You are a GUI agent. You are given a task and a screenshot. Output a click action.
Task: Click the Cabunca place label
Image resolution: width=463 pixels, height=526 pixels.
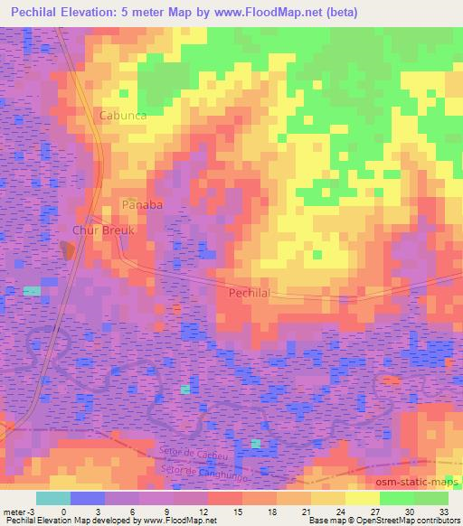pyautogui.click(x=123, y=117)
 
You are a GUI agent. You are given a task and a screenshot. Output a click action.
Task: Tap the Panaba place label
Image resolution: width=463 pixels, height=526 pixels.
pyautogui.click(x=142, y=205)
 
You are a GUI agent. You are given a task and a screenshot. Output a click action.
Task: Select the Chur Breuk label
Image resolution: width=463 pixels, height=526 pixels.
pyautogui.click(x=103, y=230)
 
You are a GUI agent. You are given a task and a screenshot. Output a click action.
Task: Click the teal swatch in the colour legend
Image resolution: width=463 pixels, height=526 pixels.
pyautogui.click(x=53, y=498)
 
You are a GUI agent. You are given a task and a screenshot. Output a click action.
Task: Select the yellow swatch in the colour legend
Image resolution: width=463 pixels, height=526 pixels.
pyautogui.click(x=362, y=498)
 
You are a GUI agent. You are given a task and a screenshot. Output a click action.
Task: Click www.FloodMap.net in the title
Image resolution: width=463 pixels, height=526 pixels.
pyautogui.click(x=275, y=12)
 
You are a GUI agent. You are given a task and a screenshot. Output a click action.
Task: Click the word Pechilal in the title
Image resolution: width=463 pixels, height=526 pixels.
pyautogui.click(x=36, y=12)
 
